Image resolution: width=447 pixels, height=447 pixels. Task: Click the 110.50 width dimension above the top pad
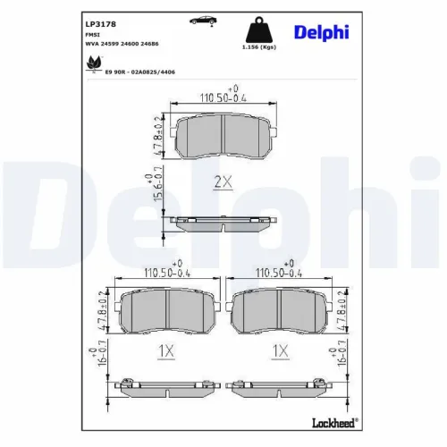pyautogui.click(x=221, y=98)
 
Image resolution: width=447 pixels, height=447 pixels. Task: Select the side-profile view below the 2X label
pyautogui.click(x=222, y=223)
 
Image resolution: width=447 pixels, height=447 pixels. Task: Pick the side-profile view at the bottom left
pyautogui.click(x=164, y=387)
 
